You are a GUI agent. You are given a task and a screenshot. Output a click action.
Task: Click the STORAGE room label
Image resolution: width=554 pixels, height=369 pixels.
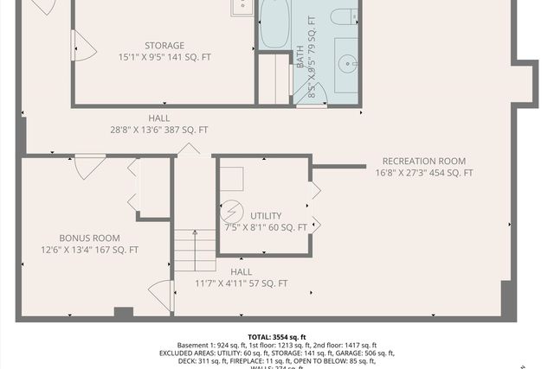(164, 46)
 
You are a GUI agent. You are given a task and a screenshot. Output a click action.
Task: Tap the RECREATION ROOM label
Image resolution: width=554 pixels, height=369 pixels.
(423, 161)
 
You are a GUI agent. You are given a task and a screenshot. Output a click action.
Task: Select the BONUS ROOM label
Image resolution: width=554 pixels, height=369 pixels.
(89, 238)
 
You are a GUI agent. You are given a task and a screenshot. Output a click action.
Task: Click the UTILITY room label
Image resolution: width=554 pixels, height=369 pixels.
(266, 215)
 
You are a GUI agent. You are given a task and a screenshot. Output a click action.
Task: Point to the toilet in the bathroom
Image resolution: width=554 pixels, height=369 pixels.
(345, 15)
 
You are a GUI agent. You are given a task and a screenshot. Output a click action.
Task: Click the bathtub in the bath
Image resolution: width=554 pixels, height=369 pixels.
(274, 23)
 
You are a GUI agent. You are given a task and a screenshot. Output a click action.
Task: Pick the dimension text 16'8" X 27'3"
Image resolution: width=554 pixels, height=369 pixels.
(423, 173)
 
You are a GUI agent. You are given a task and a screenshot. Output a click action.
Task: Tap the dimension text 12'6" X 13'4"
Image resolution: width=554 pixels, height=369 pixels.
(89, 250)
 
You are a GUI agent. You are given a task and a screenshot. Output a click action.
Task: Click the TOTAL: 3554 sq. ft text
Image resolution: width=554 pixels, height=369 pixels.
(277, 337)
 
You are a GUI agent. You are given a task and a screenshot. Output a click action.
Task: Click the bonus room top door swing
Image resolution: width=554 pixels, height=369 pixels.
(89, 165)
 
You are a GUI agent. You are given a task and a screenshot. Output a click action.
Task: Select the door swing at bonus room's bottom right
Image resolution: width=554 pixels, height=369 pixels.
(162, 295)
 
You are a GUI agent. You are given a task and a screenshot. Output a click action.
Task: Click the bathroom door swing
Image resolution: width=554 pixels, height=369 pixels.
(309, 94)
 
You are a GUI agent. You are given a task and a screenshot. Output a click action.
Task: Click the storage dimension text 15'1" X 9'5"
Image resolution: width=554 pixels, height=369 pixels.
(164, 57)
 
